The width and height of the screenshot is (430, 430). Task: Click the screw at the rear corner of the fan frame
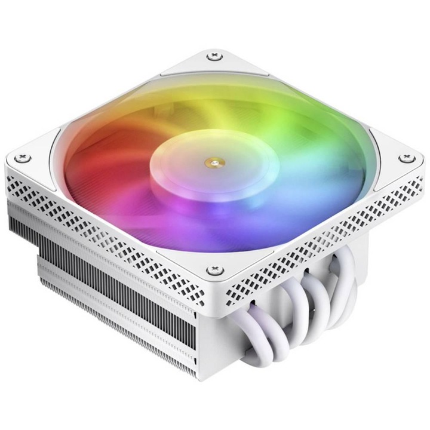(x=213, y=57)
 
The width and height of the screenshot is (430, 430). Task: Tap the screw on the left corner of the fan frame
(x=24, y=158)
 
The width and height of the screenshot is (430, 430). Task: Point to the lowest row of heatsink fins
(x=119, y=334)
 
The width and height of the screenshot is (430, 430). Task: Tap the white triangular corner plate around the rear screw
(x=213, y=66)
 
